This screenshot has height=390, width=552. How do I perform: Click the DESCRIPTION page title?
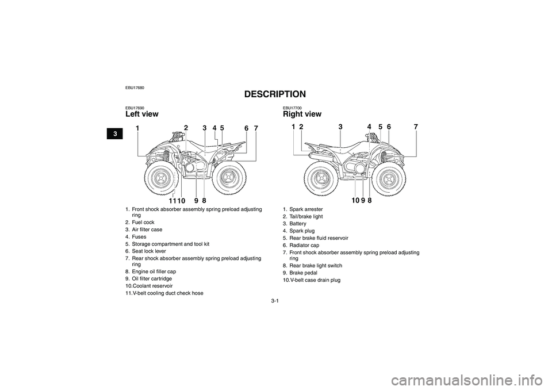(x=275, y=94)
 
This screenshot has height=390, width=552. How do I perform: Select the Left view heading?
(x=142, y=114)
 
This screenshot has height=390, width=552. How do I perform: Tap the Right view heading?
(x=302, y=114)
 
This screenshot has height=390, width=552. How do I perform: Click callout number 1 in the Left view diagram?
(x=137, y=129)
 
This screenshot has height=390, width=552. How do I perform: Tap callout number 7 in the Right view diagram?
(x=416, y=127)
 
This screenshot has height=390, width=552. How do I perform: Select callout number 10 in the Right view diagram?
(x=355, y=200)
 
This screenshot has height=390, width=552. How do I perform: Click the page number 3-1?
(x=275, y=301)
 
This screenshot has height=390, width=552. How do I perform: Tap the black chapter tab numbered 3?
(x=115, y=133)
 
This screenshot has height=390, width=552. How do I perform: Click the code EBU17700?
(x=292, y=108)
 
